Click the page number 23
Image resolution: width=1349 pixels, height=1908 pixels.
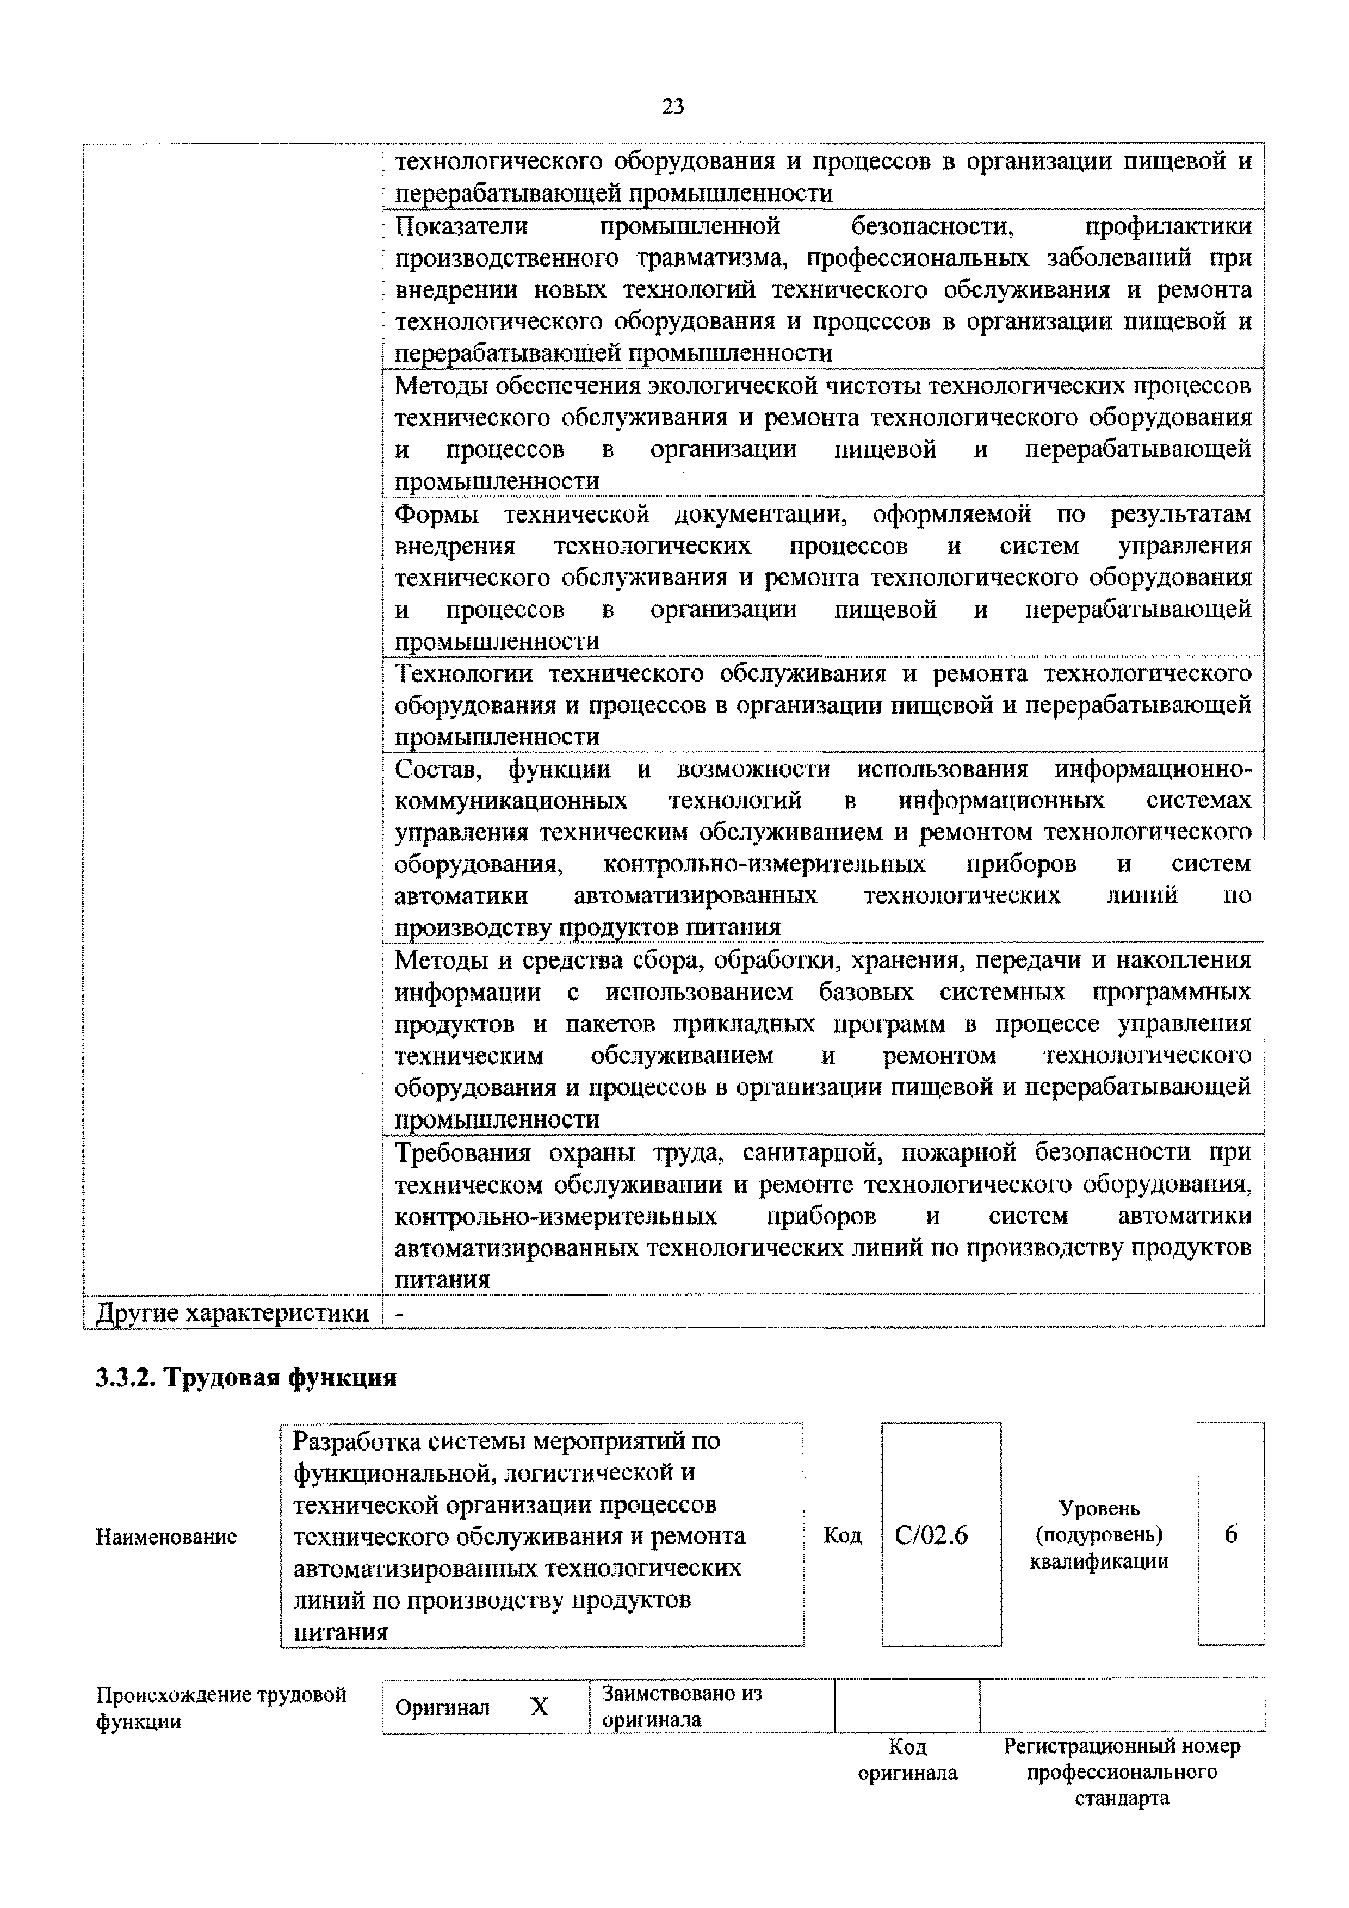(x=673, y=107)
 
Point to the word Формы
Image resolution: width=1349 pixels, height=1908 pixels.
(x=436, y=515)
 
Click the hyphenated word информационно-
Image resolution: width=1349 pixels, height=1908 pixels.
(x=1152, y=770)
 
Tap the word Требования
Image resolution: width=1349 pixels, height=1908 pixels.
(x=462, y=1153)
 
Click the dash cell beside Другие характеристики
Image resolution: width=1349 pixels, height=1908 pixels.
(x=401, y=1313)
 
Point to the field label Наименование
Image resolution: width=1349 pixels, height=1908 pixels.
(x=166, y=1537)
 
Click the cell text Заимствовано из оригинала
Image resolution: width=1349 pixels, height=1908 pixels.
(x=682, y=1707)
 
